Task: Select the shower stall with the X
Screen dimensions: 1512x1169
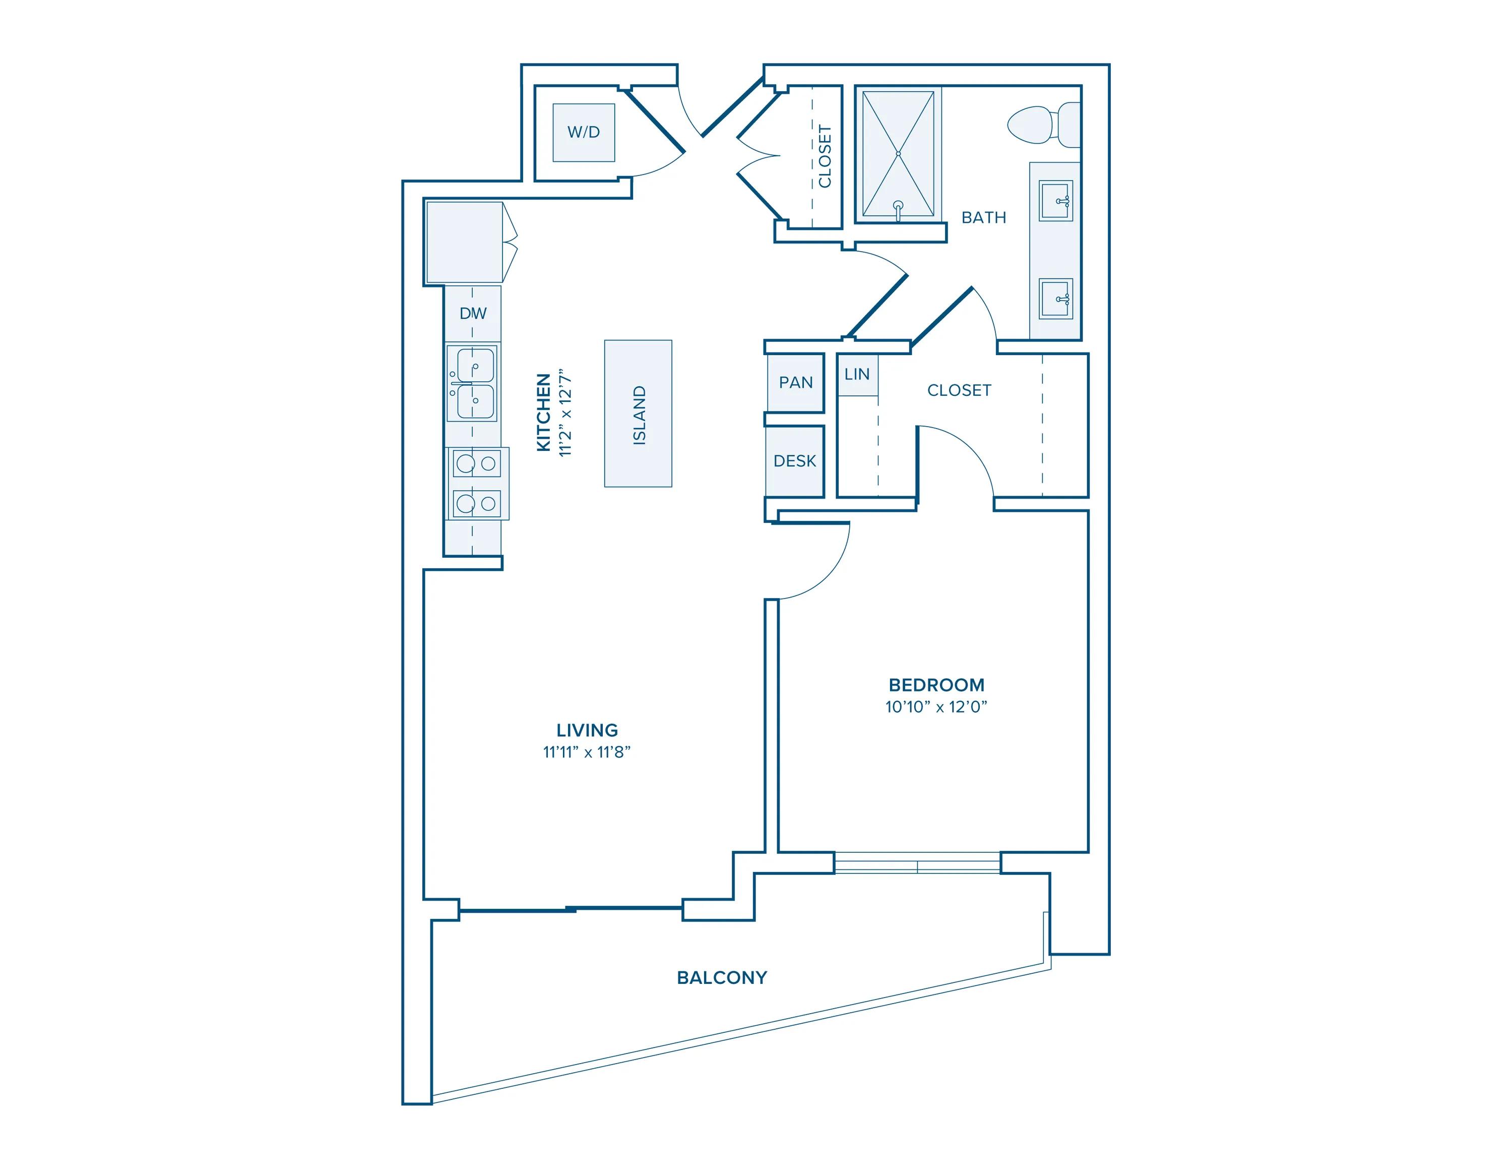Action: pyautogui.click(x=898, y=154)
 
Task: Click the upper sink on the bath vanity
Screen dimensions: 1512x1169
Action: pyautogui.click(x=1056, y=201)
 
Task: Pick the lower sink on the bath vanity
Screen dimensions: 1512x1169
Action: pyautogui.click(x=1056, y=299)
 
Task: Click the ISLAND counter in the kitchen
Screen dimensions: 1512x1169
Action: pyautogui.click(x=638, y=414)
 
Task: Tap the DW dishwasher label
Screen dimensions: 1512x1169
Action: pyautogui.click(x=473, y=313)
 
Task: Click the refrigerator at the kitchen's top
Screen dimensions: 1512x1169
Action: pyautogui.click(x=465, y=243)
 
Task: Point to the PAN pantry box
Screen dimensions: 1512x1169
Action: pyautogui.click(x=795, y=383)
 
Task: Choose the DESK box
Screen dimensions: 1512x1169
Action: pyautogui.click(x=795, y=461)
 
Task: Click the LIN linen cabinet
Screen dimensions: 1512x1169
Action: pyautogui.click(x=857, y=375)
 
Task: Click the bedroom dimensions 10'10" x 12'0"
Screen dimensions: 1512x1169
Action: pyautogui.click(x=936, y=707)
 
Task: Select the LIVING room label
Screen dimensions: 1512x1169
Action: pyautogui.click(x=587, y=730)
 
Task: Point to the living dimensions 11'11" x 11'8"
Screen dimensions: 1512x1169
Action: pyautogui.click(x=587, y=752)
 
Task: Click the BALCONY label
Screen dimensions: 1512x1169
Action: pyautogui.click(x=722, y=977)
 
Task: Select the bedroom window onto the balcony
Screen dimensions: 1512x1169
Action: pyautogui.click(x=917, y=863)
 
